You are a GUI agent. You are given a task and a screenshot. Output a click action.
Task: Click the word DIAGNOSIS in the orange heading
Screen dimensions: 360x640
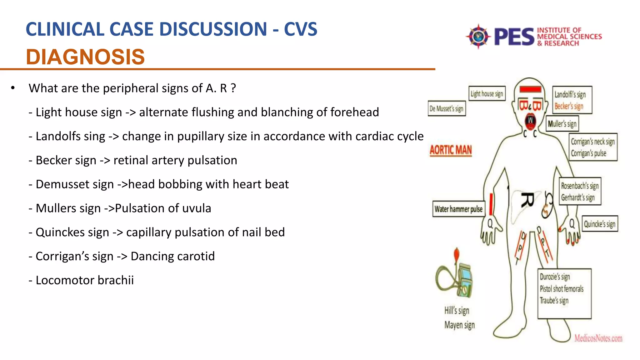(85, 57)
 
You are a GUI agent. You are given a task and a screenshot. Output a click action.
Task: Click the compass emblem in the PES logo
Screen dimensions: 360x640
(478, 37)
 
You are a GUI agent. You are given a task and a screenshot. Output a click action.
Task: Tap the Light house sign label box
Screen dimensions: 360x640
(487, 93)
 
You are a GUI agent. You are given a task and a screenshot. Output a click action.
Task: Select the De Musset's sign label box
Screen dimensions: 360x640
(447, 109)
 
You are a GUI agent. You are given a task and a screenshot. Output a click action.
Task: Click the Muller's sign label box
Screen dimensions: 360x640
(562, 124)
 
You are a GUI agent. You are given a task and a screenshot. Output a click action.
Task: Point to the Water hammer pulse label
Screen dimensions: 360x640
(458, 209)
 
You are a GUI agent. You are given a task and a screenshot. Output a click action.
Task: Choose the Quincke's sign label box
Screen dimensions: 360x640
(599, 224)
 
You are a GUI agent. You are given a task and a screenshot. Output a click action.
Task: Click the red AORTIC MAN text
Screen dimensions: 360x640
(451, 150)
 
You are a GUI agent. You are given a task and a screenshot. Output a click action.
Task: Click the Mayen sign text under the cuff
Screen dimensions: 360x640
(459, 325)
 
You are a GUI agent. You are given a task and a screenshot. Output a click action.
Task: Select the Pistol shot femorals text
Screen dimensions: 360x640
(562, 289)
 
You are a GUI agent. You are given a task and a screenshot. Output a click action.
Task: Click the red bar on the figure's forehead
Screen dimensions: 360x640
(530, 89)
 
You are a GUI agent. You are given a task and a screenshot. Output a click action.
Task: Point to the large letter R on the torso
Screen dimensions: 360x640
(527, 200)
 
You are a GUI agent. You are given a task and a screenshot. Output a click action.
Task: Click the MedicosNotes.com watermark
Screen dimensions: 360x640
(598, 338)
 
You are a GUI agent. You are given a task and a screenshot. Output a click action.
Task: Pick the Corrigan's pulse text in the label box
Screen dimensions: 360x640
(588, 153)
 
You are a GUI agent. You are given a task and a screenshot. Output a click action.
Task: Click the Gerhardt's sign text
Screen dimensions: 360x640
(578, 197)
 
